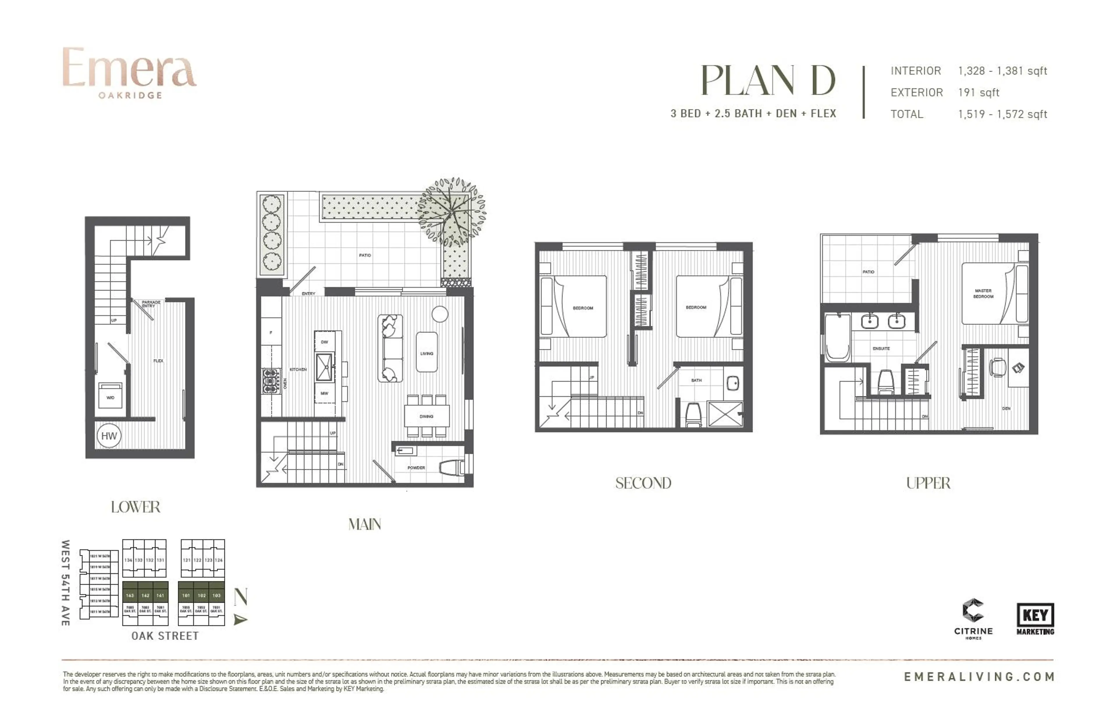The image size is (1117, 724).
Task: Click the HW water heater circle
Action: pos(109,436)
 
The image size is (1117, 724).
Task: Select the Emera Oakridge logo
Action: pos(129,72)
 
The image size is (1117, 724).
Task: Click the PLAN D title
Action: pos(768,81)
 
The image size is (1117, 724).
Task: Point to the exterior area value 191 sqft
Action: pos(979,92)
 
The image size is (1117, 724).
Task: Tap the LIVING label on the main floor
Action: pos(427,353)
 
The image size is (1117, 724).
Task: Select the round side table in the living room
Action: pos(440,314)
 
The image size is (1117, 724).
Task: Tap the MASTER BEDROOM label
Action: pos(983,294)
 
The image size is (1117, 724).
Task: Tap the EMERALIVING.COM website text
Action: pos(979,677)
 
